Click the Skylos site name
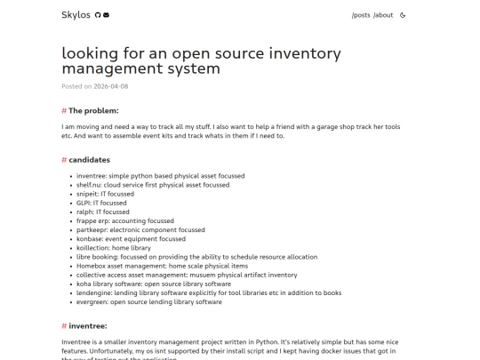(x=76, y=14)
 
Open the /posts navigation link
(x=361, y=15)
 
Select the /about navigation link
(x=383, y=15)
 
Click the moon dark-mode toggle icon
(x=404, y=15)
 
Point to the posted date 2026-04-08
(x=111, y=86)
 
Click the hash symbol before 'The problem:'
(x=64, y=110)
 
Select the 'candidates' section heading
(x=89, y=160)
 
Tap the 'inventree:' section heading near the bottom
(x=88, y=326)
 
